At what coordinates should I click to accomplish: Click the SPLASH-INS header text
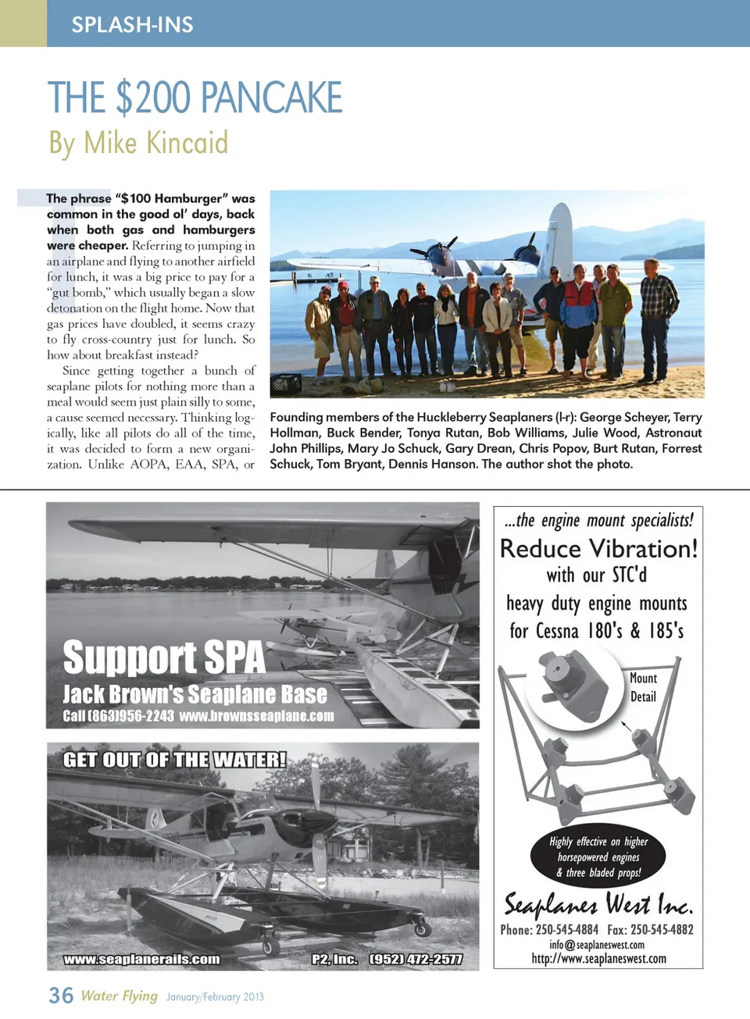tap(132, 24)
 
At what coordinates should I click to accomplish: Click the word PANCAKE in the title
tap(272, 98)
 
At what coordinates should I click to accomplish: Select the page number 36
tap(61, 996)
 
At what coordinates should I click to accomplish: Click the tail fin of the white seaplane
tap(559, 234)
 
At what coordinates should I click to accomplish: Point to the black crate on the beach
tap(285, 384)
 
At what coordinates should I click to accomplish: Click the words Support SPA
tap(164, 657)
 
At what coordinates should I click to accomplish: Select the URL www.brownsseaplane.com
tap(256, 716)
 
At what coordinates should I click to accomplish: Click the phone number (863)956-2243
tap(119, 716)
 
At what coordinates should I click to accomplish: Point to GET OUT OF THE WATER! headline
tap(174, 760)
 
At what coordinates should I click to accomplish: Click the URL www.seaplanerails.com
tap(141, 959)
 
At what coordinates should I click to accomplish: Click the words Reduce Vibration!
tap(598, 549)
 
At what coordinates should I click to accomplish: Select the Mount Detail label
tap(643, 687)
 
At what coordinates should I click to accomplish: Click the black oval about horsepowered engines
tap(598, 857)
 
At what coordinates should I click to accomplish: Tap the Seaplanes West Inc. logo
tap(598, 904)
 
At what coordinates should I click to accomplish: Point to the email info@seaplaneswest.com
tap(597, 945)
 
